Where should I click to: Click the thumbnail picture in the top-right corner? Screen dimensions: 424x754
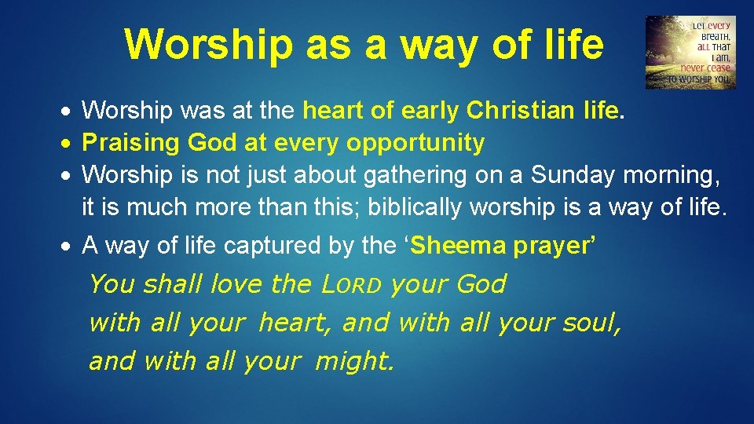coord(690,53)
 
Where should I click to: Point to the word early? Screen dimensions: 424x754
coord(430,111)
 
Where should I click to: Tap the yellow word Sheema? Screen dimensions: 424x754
coord(459,247)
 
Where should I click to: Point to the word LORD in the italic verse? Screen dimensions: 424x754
coord(352,283)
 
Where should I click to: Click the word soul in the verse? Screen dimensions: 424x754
coord(591,322)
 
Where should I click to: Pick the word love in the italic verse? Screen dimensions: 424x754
coord(236,283)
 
